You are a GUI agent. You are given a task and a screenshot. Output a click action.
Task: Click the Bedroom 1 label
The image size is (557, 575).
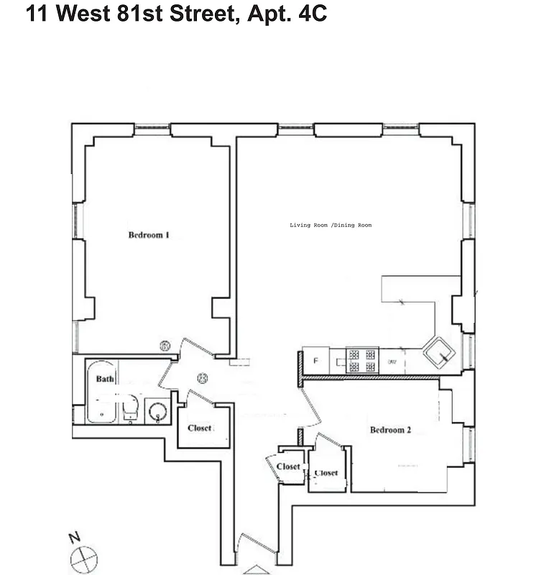tap(149, 235)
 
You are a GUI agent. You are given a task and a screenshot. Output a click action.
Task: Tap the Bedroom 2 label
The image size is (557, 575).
tap(390, 431)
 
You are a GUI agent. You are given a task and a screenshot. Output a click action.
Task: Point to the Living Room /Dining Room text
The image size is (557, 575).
tap(331, 226)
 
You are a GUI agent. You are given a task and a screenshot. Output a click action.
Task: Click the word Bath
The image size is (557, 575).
tap(106, 379)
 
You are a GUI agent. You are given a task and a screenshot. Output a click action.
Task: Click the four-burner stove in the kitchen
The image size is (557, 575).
tap(362, 359)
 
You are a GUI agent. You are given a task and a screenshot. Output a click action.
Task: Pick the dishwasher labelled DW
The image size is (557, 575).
tap(392, 361)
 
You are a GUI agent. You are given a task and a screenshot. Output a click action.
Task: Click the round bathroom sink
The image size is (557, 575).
tap(157, 413)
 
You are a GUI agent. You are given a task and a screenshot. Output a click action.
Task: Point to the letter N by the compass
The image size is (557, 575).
tap(73, 538)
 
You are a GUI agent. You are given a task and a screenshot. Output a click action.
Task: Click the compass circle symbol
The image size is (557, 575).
tap(83, 557)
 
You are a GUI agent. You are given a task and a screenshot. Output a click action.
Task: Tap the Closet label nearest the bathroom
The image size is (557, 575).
tap(201, 428)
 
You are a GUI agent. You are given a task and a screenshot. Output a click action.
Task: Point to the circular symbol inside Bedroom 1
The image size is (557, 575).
tap(165, 347)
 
